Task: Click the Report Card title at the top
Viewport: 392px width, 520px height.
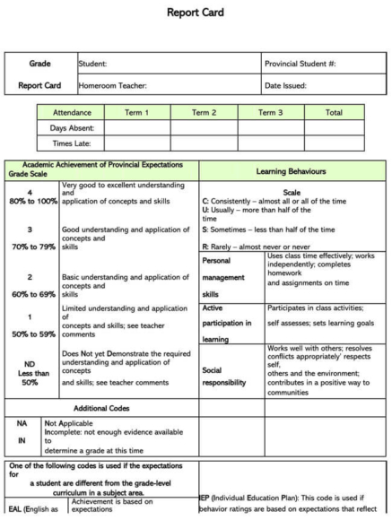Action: point(196,13)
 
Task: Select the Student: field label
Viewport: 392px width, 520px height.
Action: point(92,65)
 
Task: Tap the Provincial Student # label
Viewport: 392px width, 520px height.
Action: point(301,65)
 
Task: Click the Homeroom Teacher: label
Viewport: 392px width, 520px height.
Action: point(112,86)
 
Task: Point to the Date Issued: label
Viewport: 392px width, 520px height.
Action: point(285,86)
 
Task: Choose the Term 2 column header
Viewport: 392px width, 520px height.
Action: point(204,113)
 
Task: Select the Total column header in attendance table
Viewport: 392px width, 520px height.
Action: point(334,113)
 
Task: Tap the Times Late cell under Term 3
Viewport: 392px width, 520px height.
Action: point(270,143)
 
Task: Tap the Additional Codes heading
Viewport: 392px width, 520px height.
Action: point(101,407)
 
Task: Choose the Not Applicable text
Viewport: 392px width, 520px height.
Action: point(70,422)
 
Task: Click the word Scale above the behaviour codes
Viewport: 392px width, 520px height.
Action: point(292,192)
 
